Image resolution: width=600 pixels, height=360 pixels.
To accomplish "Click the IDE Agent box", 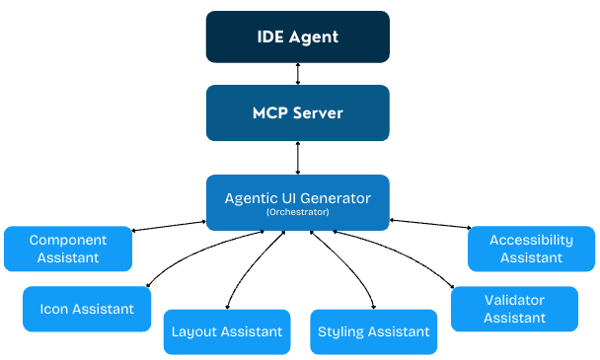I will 297,37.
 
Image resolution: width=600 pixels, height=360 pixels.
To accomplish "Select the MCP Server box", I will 297,112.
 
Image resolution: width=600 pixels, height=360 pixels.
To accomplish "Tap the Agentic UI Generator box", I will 297,202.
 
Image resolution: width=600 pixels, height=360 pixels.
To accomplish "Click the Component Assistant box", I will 68,249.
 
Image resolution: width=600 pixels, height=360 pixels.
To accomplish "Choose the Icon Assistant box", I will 87,309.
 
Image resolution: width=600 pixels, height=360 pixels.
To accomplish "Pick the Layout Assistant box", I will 227,332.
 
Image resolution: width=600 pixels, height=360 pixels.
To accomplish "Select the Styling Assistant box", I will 374,332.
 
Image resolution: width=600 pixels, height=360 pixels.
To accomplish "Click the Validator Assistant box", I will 514,309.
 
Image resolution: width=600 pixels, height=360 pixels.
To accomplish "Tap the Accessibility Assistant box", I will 531,249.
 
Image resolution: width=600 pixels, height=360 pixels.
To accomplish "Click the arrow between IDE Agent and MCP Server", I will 297,75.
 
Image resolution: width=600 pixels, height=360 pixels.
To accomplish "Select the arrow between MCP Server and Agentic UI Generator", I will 297,158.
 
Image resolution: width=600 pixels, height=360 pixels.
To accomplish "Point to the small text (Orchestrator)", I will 297,213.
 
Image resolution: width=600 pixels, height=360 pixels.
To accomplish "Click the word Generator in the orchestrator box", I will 333,198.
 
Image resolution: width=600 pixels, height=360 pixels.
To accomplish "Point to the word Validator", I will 514,300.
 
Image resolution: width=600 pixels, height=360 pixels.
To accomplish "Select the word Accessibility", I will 531,240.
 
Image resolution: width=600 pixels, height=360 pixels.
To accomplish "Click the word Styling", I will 341,332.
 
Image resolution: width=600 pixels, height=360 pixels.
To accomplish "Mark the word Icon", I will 54,309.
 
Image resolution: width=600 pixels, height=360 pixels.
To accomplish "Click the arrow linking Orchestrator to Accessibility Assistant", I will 429,226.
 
